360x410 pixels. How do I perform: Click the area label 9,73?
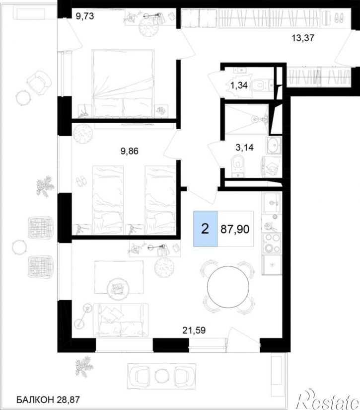pyautogui.click(x=84, y=16)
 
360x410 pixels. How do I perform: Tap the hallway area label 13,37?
pyautogui.click(x=303, y=38)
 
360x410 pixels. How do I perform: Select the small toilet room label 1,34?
pyautogui.click(x=239, y=85)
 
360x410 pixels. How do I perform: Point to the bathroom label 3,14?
pyautogui.click(x=244, y=148)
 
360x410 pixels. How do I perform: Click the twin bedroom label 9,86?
pyautogui.click(x=129, y=151)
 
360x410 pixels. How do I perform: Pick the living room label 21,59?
pyautogui.click(x=194, y=330)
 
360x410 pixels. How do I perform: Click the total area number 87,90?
pyautogui.click(x=235, y=229)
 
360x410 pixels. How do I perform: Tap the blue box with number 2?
pyautogui.click(x=206, y=229)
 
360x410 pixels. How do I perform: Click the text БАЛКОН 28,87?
pyautogui.click(x=48, y=400)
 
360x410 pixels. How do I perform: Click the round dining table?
pyautogui.click(x=228, y=287)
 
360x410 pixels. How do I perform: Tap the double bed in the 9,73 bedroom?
pyautogui.click(x=123, y=83)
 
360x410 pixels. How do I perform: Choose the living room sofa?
pyautogui.click(x=121, y=320)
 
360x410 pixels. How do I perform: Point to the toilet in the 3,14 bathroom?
pyautogui.click(x=237, y=164)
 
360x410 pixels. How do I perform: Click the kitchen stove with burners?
pyautogui.click(x=272, y=243)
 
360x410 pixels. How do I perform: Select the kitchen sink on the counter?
pyautogui.click(x=272, y=202)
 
